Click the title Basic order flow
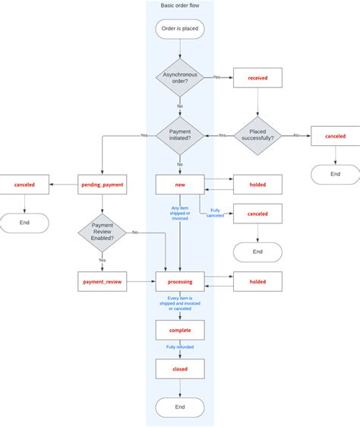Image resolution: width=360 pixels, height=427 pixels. pyautogui.click(x=180, y=6)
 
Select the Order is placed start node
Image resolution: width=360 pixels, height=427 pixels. pyautogui.click(x=180, y=29)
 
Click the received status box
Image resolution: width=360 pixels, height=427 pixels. pyautogui.click(x=257, y=77)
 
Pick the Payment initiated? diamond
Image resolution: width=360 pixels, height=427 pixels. pyautogui.click(x=180, y=135)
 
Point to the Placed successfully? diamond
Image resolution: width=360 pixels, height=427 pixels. pyautogui.click(x=257, y=135)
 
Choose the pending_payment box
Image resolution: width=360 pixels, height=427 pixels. pyautogui.click(x=103, y=184)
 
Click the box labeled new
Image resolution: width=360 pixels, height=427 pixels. pyautogui.click(x=180, y=184)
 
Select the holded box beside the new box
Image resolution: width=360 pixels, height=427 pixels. pyautogui.click(x=257, y=184)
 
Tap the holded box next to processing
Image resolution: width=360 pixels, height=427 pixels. pyautogui.click(x=257, y=282)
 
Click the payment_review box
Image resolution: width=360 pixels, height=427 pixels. pyautogui.click(x=103, y=282)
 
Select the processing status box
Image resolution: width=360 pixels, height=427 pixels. pyautogui.click(x=180, y=282)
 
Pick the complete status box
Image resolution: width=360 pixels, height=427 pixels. pyautogui.click(x=180, y=330)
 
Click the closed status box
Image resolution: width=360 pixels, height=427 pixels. pyautogui.click(x=180, y=369)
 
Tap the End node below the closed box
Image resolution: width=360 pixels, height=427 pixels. pyautogui.click(x=180, y=407)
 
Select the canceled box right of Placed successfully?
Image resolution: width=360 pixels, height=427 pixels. pyautogui.click(x=335, y=136)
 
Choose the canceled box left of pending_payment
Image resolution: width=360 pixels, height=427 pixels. pyautogui.click(x=25, y=184)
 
